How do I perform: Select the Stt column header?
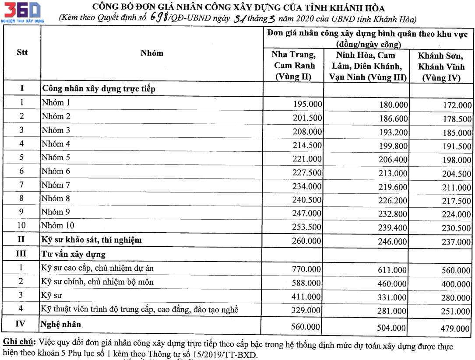tap(22, 52)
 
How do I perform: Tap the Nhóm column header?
tap(152, 53)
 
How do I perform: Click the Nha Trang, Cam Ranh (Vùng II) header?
tap(293, 66)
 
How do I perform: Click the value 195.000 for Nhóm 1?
tap(307, 104)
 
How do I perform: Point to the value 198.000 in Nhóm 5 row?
tap(457, 160)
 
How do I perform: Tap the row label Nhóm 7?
tap(56, 185)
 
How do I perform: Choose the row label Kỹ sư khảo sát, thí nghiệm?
tap(91, 240)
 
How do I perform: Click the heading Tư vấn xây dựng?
tap(74, 254)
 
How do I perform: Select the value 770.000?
tap(306, 269)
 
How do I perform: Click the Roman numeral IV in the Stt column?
tap(21, 324)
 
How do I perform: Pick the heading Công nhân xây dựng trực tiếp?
tap(99, 89)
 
